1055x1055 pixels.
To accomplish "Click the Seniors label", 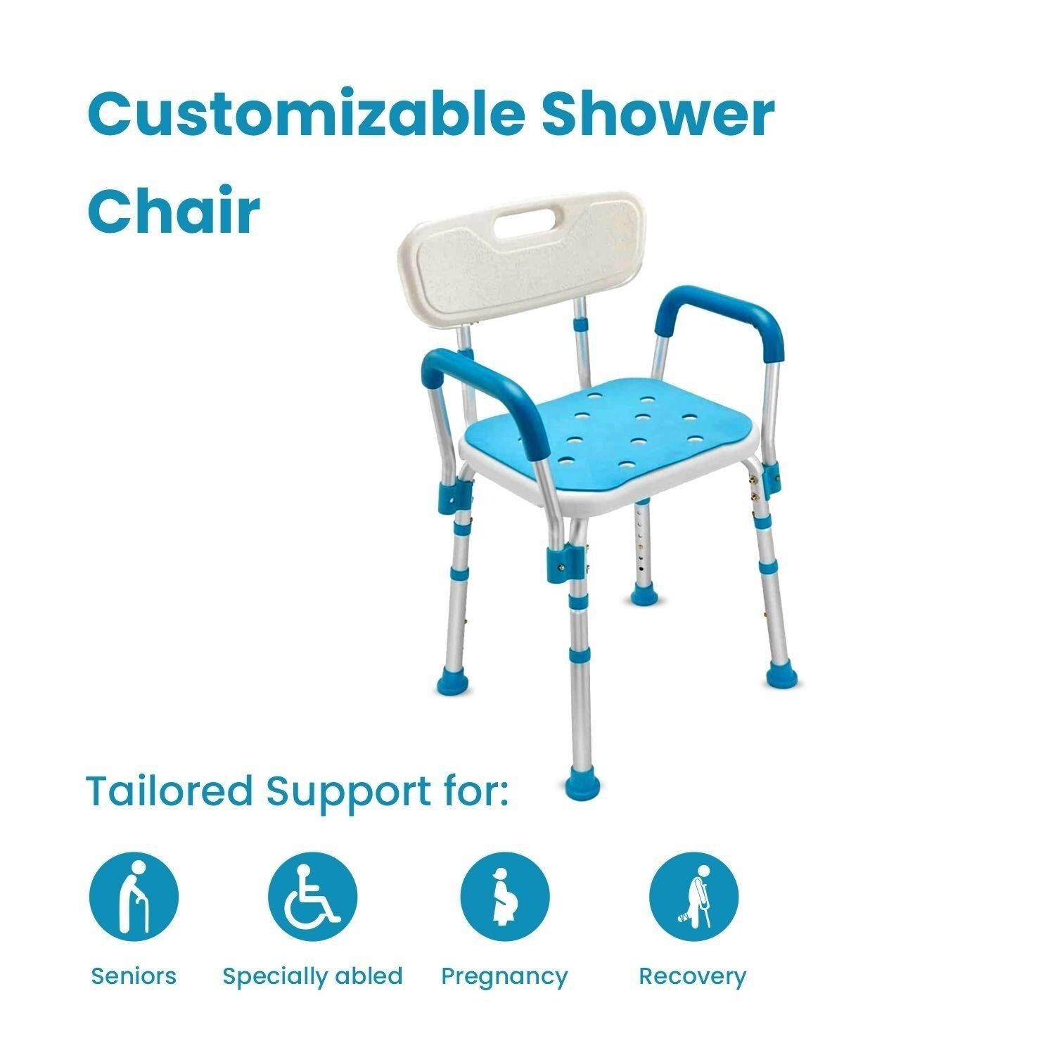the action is (x=134, y=976).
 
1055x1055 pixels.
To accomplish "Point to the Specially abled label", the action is (x=312, y=977).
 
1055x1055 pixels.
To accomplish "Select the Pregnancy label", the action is (x=504, y=978).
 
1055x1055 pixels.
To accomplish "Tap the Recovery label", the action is (x=692, y=978).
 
